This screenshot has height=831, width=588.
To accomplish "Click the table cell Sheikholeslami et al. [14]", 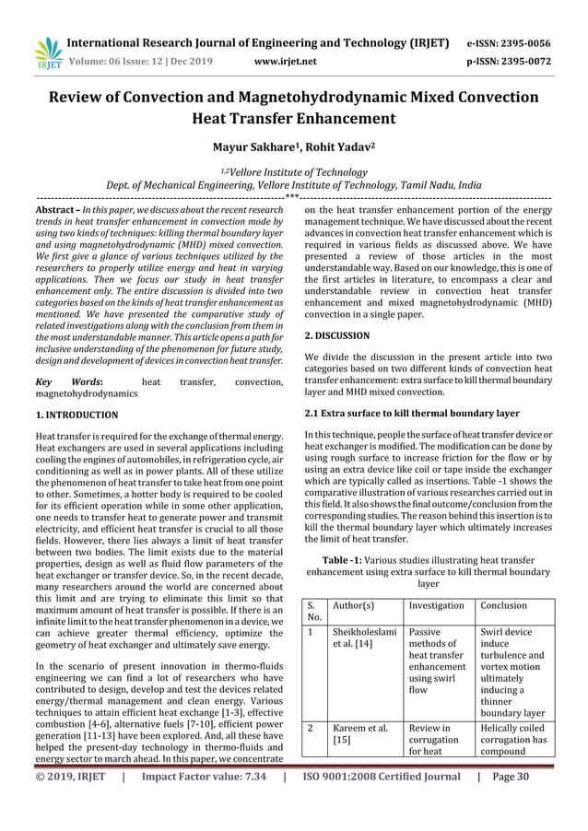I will [363, 640].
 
